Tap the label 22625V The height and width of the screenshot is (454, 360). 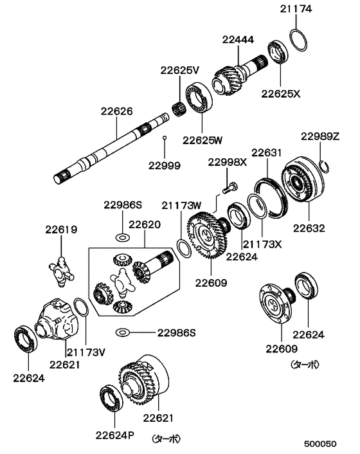click(181, 70)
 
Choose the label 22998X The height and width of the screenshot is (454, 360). click(228, 163)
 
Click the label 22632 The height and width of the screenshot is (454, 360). click(309, 227)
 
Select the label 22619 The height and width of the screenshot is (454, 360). click(60, 228)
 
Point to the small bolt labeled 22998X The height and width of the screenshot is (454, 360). click(228, 188)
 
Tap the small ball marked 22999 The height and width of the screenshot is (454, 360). click(165, 138)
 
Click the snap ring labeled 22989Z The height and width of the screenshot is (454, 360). click(325, 167)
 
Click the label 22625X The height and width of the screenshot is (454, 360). click(280, 93)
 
